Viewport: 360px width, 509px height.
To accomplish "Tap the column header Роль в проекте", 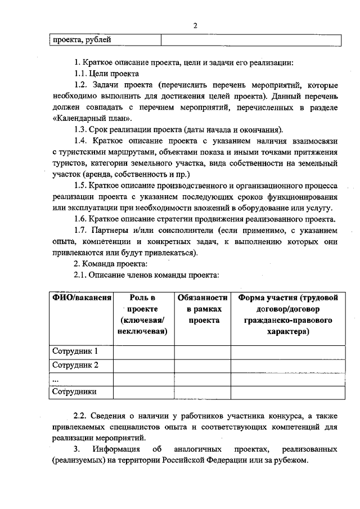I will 143,315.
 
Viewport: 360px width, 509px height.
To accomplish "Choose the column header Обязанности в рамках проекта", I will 202,309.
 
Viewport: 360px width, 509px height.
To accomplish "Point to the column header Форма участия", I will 288,315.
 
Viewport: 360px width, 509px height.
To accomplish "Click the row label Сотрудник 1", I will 75,352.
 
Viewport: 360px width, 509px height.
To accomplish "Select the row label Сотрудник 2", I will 75,365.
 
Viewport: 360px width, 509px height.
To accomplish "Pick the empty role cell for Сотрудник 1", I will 143,352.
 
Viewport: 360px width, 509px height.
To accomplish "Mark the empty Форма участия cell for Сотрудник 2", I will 288,365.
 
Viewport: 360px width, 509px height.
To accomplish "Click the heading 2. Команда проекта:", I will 111,264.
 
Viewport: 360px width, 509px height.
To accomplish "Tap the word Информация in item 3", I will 116,449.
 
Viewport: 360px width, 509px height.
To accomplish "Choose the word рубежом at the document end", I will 291,461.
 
